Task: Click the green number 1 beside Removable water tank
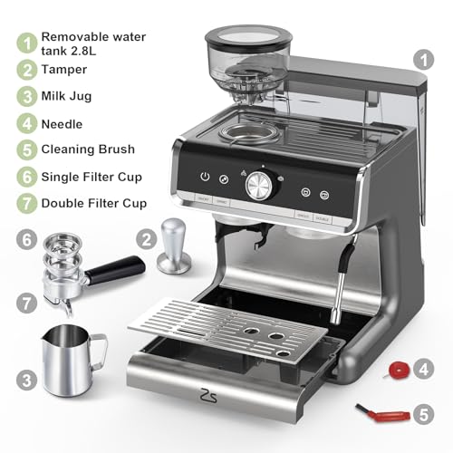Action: [x=27, y=42]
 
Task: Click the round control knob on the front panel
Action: [x=257, y=185]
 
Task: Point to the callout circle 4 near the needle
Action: [x=422, y=370]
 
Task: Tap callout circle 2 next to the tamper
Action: [x=145, y=239]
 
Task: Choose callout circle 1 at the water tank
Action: [x=422, y=60]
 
